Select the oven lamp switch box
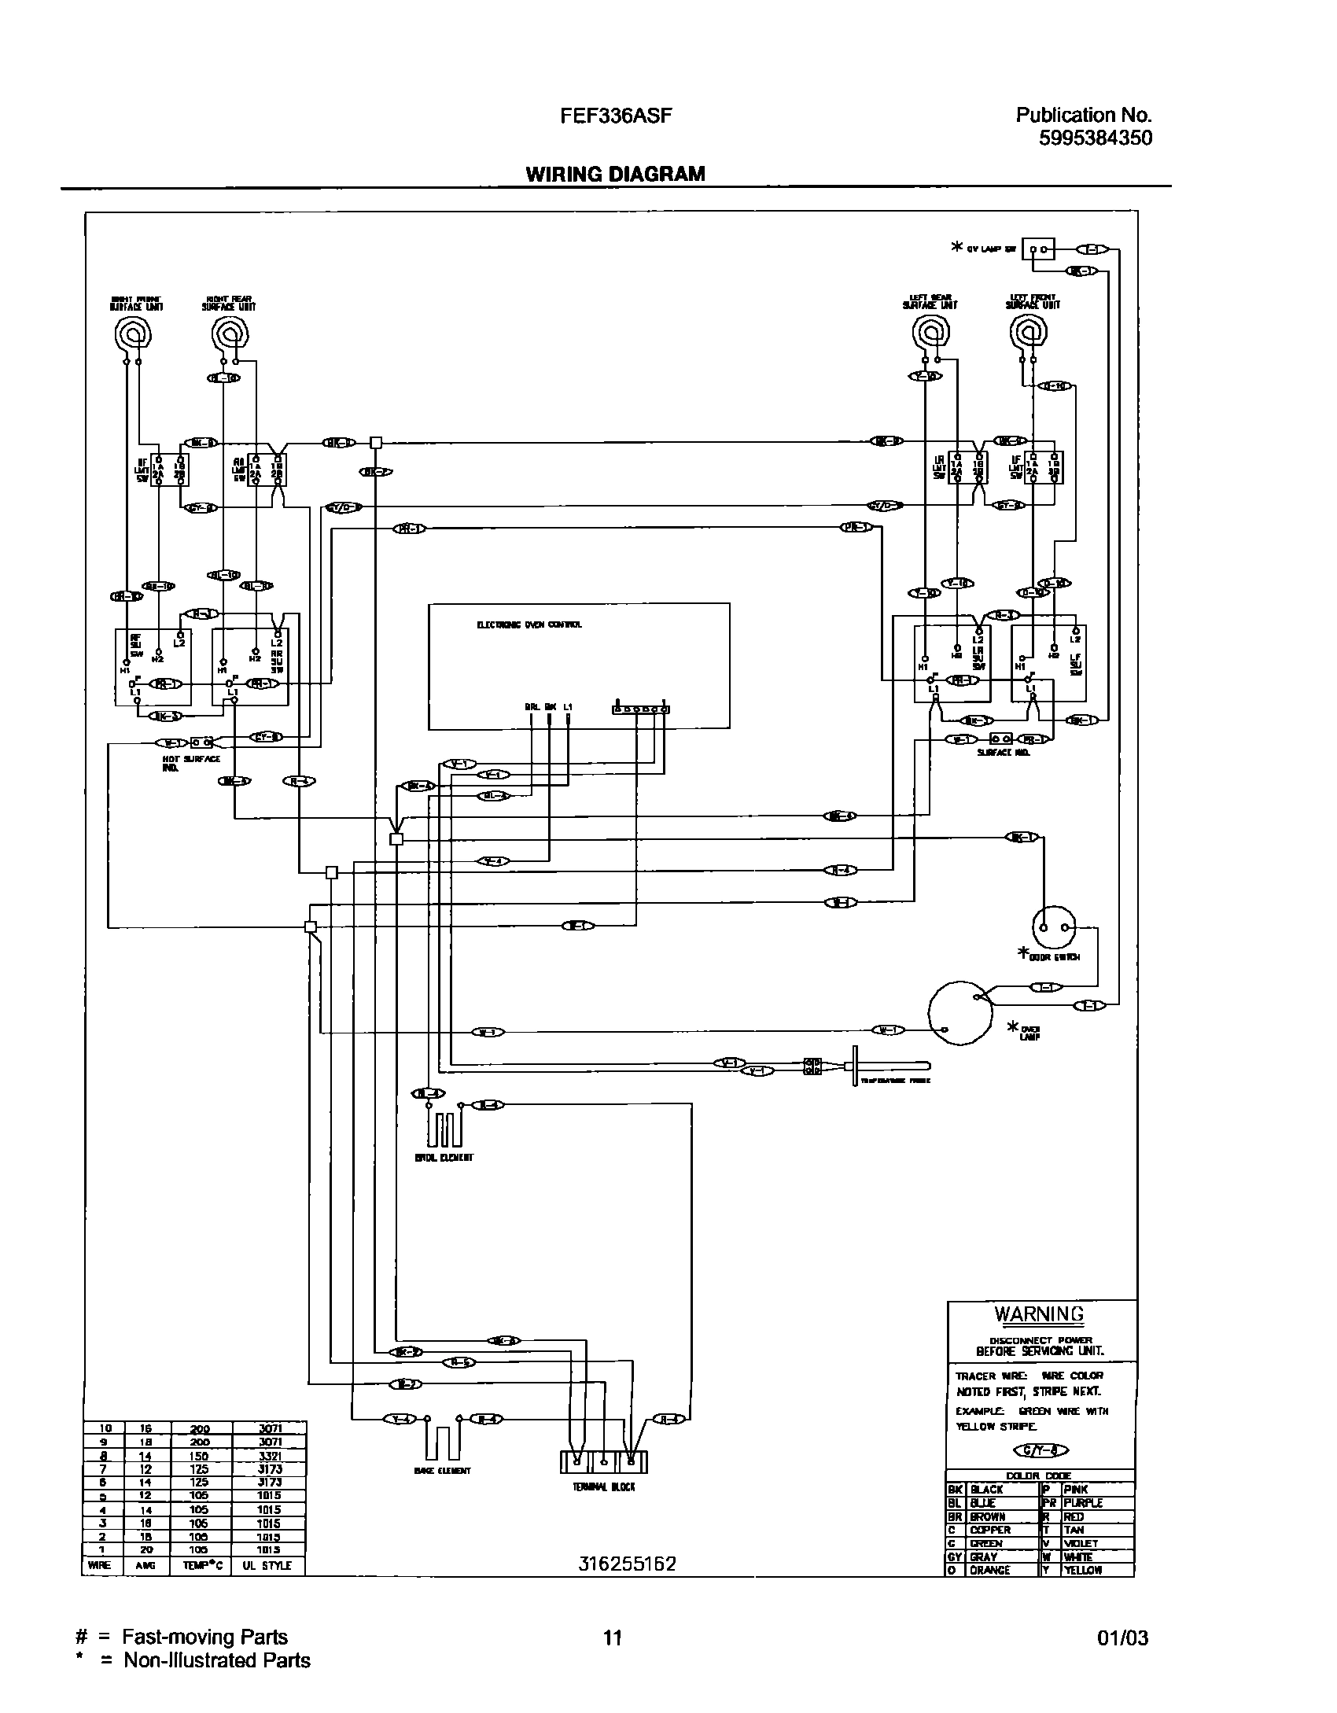1038,249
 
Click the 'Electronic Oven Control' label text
529,624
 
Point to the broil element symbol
444,1130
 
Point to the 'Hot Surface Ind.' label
191,763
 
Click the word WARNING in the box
1039,1314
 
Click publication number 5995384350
1095,138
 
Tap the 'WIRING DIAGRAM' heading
615,174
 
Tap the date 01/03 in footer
1122,1639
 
